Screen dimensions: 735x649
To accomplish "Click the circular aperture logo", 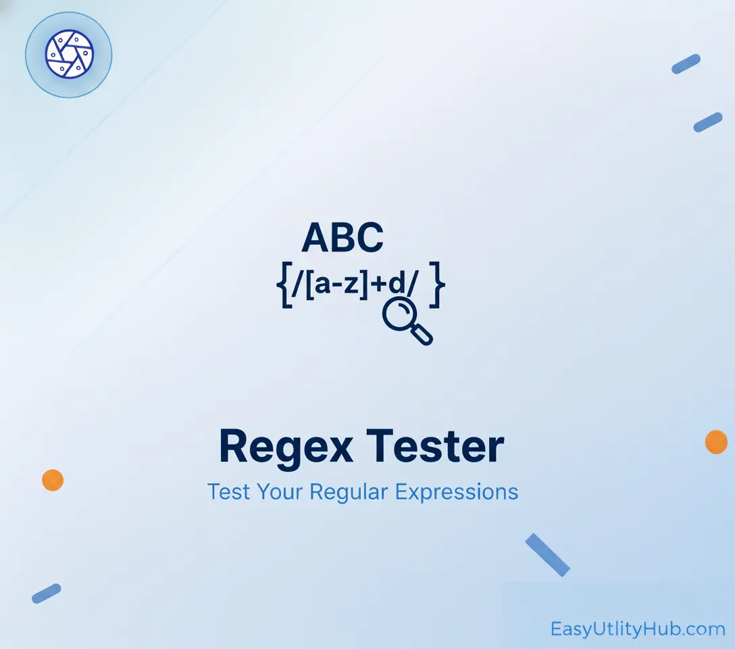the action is point(70,54).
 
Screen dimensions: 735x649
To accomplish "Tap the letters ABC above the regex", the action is point(343,238).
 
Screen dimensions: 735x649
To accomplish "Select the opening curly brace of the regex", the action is point(284,285).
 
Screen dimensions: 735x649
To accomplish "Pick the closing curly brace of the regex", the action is point(437,285).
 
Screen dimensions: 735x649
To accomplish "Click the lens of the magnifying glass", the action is point(399,314).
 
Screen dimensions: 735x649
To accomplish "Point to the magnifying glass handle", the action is point(422,335).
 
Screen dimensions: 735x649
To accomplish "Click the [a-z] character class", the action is point(336,284).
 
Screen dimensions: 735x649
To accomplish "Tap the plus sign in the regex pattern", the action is point(379,284).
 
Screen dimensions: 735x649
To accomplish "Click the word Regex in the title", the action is point(286,448).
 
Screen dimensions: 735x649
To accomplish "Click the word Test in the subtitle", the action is point(229,492).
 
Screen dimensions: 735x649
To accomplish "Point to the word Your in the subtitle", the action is point(280,493).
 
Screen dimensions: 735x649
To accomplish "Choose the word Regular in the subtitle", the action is point(349,493).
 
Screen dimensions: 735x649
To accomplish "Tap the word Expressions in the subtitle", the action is point(457,493).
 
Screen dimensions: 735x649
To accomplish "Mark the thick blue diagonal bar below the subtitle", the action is point(547,555).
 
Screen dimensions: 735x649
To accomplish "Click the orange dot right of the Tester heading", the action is point(716,441).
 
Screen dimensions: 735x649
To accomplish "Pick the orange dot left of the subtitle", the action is point(53,480).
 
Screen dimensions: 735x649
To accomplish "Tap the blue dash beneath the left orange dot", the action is point(47,593).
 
